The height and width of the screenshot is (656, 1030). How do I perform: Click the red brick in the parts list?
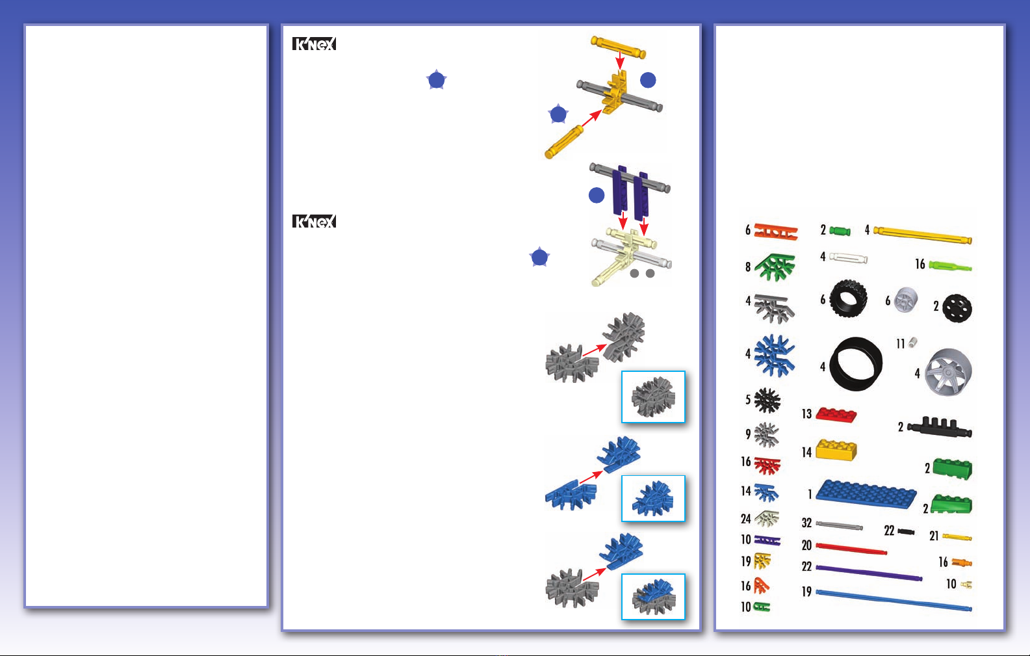point(836,415)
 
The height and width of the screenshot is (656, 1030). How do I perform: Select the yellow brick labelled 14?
point(836,450)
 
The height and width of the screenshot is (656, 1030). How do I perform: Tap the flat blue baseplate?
point(866,494)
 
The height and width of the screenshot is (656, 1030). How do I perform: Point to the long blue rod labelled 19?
point(894,600)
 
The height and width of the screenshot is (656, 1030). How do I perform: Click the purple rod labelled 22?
point(869,573)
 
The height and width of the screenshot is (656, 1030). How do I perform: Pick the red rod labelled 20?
point(851,548)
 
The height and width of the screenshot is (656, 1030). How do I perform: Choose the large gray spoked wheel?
point(948,372)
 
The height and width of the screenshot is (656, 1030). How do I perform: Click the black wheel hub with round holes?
point(957,308)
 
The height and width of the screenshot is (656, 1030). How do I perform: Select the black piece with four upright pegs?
point(940,427)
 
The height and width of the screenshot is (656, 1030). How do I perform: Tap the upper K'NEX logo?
point(314,44)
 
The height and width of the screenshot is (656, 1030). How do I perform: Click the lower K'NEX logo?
point(314,221)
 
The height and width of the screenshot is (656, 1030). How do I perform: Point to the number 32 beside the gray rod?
point(806,523)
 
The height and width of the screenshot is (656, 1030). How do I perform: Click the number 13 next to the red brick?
point(806,414)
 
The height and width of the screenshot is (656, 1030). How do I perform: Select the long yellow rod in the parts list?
point(922,235)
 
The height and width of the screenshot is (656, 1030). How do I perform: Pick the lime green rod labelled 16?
point(951,267)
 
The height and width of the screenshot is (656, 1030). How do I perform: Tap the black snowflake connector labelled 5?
point(767,400)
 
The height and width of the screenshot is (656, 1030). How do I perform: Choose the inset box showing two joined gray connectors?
point(653,397)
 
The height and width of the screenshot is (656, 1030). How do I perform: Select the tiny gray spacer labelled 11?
point(913,342)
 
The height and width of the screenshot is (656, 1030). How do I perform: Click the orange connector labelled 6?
point(776,232)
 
